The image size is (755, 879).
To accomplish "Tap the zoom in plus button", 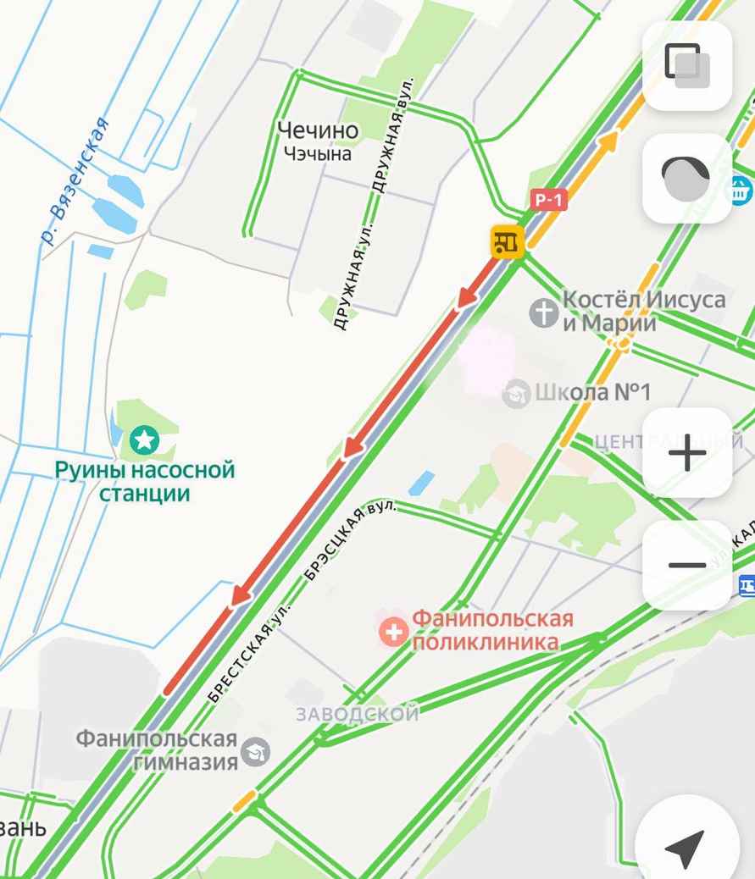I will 687,454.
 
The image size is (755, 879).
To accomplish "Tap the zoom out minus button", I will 687,565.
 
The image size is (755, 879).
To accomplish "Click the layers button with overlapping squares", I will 687,66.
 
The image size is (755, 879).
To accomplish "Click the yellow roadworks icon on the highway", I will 508,241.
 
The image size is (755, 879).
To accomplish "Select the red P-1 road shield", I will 548,200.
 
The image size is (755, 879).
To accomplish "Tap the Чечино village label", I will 318,130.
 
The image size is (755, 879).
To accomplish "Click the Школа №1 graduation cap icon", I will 515,393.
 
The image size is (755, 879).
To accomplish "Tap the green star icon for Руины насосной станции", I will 144,439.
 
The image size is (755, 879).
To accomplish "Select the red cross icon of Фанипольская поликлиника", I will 393,631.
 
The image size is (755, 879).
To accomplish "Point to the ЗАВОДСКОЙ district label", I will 358,714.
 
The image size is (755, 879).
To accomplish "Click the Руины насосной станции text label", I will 144,481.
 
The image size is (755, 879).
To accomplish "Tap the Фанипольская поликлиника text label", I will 491,630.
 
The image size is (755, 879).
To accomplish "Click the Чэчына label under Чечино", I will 318,154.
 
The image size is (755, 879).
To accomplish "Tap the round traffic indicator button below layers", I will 687,179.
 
